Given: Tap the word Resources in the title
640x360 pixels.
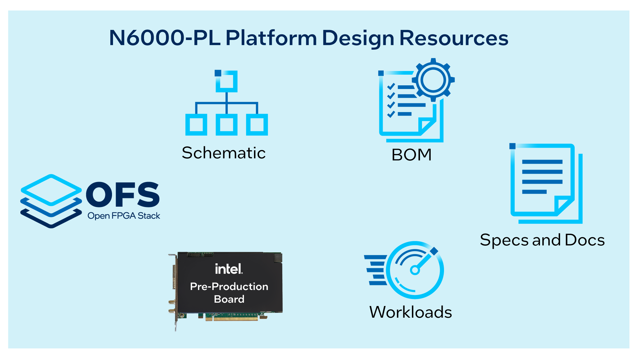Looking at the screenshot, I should (454, 38).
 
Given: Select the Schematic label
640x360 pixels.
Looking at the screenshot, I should (224, 153).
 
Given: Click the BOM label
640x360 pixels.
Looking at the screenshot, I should (411, 155).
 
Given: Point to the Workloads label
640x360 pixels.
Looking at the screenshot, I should (410, 312).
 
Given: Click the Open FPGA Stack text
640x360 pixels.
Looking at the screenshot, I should (124, 216).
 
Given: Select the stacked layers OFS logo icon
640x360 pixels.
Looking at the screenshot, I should (51, 201).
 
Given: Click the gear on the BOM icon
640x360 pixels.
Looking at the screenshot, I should (433, 80).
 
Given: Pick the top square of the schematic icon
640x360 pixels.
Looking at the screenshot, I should (226, 81).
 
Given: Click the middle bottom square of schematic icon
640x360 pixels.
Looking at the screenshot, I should (226, 125).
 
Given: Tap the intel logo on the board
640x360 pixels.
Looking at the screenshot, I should (229, 269).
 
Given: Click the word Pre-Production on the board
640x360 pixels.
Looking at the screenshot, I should (229, 286).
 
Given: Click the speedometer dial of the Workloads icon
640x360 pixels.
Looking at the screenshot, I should (415, 270).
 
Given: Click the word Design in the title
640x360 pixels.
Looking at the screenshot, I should (358, 38).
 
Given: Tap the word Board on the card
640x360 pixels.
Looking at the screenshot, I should (229, 299).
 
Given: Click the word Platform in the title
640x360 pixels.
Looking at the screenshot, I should (271, 38).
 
